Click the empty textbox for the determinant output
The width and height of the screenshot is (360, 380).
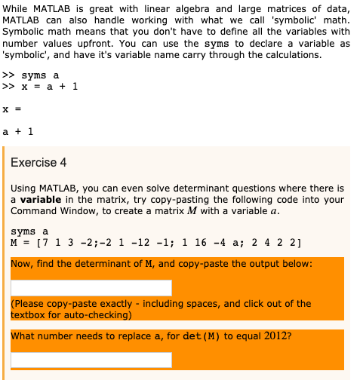[x=91, y=288]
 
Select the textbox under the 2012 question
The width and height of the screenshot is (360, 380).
[x=91, y=360]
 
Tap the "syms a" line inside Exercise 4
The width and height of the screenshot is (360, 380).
[x=29, y=231]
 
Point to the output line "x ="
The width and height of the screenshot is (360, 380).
[x=11, y=109]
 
